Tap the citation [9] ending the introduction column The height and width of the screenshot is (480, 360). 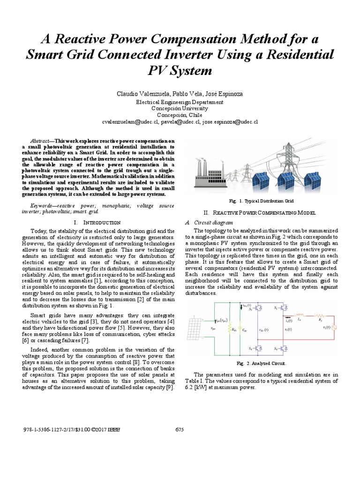[x=171, y=387]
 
